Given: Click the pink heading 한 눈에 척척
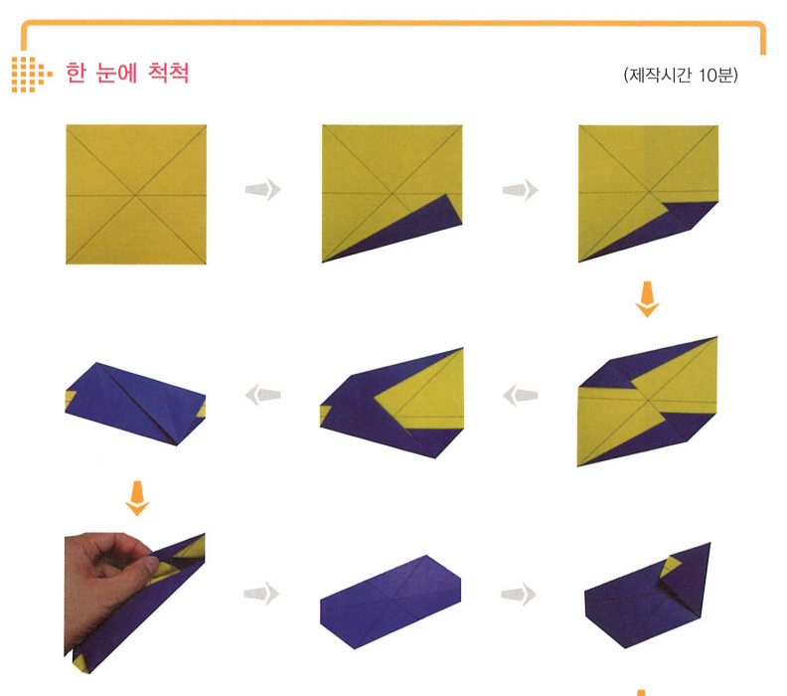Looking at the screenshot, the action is point(127,74).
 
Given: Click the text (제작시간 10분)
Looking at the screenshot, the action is point(681,76).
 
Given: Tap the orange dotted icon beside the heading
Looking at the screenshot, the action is point(31,75).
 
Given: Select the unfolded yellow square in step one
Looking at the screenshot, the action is point(136,194).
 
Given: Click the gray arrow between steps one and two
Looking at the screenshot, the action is point(263,190).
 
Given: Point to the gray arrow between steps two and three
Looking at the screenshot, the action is point(520,190).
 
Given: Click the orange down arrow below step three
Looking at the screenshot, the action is point(648,299).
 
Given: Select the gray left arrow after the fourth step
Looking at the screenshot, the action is point(520,395).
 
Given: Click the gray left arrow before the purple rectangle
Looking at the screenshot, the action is point(263,395).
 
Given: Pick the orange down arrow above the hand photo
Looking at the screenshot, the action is point(137,498).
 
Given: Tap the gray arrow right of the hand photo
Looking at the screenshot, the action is point(261,594).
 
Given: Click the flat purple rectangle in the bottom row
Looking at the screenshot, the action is point(391,603).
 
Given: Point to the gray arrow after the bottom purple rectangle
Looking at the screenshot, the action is point(519,595).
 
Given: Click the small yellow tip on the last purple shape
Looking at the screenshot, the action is point(670,566).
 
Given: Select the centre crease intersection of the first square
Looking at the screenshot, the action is point(135,195).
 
